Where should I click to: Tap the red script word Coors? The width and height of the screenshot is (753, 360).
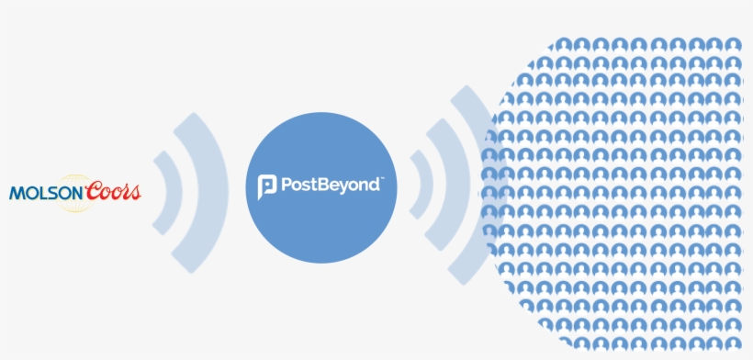pyautogui.click(x=113, y=191)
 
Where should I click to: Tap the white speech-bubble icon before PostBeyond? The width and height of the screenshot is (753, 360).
pyautogui.click(x=266, y=186)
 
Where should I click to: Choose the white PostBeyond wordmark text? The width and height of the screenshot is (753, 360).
pyautogui.click(x=329, y=186)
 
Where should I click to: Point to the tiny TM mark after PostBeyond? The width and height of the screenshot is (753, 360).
pyautogui.click(x=381, y=180)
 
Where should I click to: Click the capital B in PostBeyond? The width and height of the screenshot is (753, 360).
pyautogui.click(x=319, y=186)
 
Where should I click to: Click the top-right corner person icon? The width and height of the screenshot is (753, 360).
pyautogui.click(x=732, y=43)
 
